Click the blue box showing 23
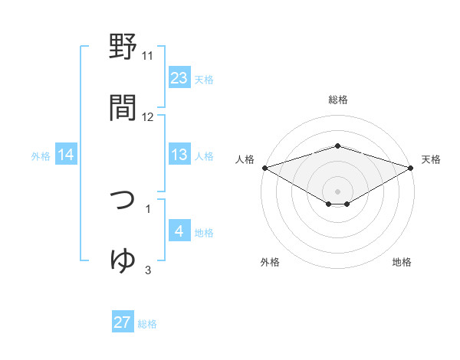pyautogui.click(x=179, y=78)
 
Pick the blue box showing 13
pyautogui.click(x=179, y=155)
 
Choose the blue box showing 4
pyautogui.click(x=179, y=231)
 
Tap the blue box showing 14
pyautogui.click(x=66, y=155)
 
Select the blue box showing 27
pyautogui.click(x=123, y=322)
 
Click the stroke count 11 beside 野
pyautogui.click(x=148, y=56)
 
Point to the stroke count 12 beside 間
pyautogui.click(x=148, y=117)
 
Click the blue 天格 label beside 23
pyautogui.click(x=204, y=79)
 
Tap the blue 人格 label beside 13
pyautogui.click(x=204, y=155)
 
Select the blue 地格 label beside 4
pyautogui.click(x=204, y=232)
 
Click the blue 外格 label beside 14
pyautogui.click(x=41, y=155)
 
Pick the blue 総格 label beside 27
pyautogui.click(x=147, y=323)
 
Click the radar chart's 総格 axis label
pyautogui.click(x=337, y=100)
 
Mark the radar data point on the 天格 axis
pyautogui.click(x=412, y=167)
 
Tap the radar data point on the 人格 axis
pyautogui.click(x=264, y=167)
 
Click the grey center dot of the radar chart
pyautogui.click(x=337, y=191)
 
